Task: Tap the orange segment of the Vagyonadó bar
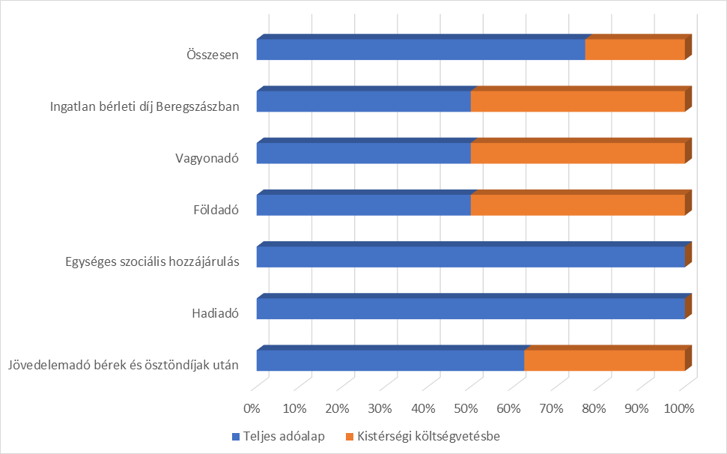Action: tap(577, 153)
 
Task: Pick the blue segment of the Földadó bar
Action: tap(363, 205)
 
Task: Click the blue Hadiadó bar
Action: tap(470, 309)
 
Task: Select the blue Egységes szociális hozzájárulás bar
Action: tap(470, 257)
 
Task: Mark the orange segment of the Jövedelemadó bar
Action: tap(604, 360)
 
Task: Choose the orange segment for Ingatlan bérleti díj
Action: tap(577, 101)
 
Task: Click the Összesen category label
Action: tap(212, 55)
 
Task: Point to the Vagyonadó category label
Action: tap(207, 158)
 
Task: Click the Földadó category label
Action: tap(215, 210)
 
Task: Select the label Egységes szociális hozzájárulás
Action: tap(153, 261)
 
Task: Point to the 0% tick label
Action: tap(252, 409)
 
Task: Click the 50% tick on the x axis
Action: tap(466, 409)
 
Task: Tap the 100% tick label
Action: tap(680, 409)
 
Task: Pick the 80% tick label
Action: tap(594, 409)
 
